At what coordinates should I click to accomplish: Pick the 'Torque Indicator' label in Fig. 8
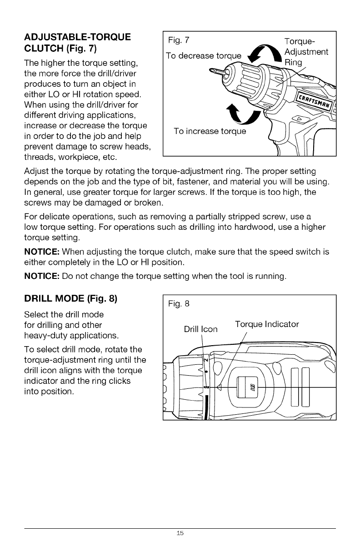[267, 324]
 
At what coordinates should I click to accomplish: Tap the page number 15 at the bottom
[180, 533]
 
